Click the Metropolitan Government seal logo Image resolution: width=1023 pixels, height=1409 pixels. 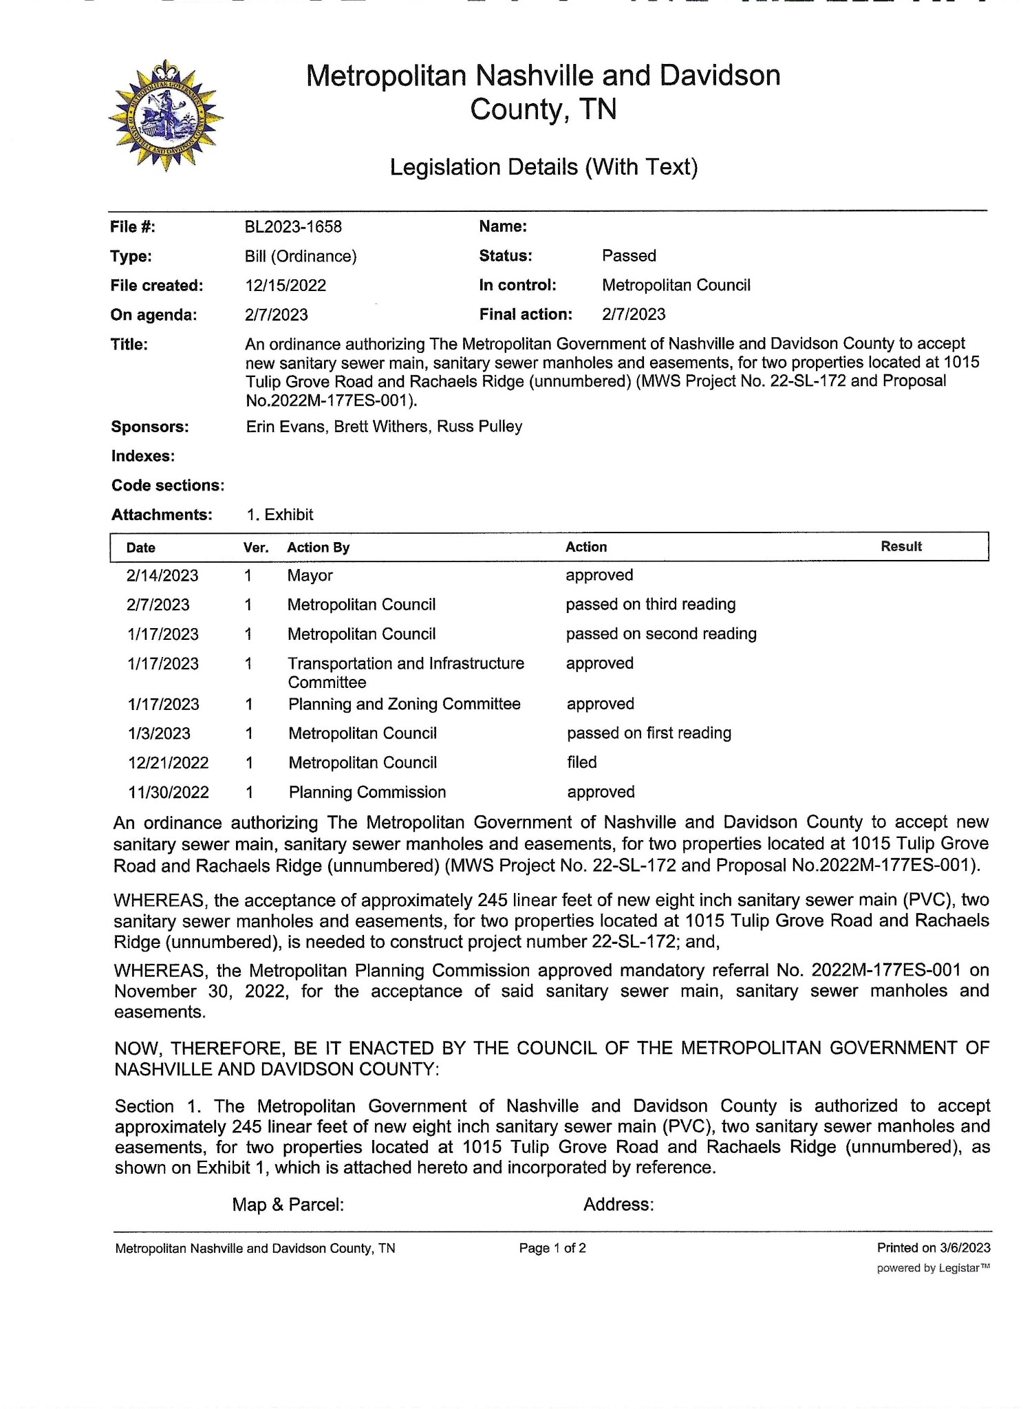click(x=165, y=116)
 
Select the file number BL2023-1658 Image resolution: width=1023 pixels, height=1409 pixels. click(x=293, y=227)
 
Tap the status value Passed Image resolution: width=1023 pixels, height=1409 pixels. click(x=629, y=256)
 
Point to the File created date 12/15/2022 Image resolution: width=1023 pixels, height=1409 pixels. click(x=285, y=286)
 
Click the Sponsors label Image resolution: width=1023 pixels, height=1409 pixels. click(x=150, y=427)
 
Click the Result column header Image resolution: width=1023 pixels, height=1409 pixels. click(x=901, y=547)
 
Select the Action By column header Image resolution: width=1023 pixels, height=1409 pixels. click(x=318, y=548)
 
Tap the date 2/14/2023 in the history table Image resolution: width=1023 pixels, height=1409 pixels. click(x=162, y=576)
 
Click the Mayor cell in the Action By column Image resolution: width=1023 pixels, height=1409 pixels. click(x=310, y=576)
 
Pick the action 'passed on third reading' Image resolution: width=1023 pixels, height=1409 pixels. click(x=650, y=605)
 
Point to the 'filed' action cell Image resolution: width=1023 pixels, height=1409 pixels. click(x=581, y=762)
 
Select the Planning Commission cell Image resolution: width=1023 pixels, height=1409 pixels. click(x=367, y=793)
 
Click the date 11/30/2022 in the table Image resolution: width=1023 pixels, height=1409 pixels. click(x=169, y=793)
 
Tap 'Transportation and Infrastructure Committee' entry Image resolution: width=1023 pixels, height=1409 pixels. click(x=405, y=673)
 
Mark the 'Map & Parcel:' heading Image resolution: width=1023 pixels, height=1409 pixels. click(x=288, y=1205)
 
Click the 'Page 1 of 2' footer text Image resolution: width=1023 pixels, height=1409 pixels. click(x=552, y=1248)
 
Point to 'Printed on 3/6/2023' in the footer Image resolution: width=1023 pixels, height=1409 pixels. click(x=933, y=1248)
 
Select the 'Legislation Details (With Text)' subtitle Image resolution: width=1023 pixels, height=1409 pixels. click(x=543, y=167)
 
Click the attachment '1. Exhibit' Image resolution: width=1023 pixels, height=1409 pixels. click(x=279, y=515)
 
